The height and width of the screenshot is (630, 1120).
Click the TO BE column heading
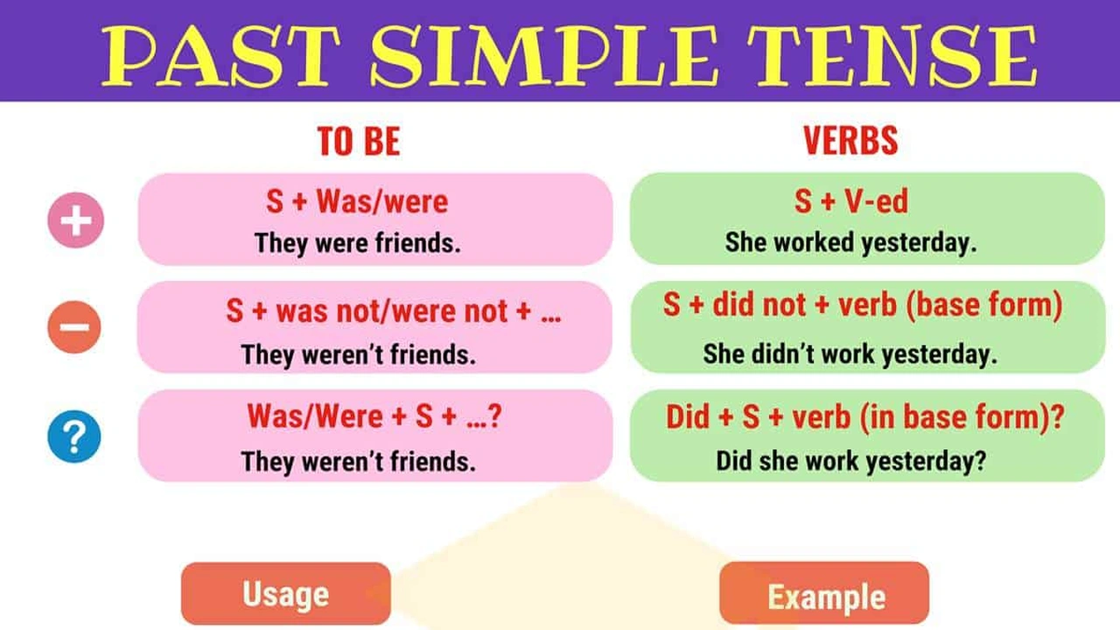pyautogui.click(x=359, y=142)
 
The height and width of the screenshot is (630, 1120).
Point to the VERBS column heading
pyautogui.click(x=850, y=141)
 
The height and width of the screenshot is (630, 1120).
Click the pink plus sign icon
pyautogui.click(x=75, y=220)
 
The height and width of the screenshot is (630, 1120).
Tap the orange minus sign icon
pyautogui.click(x=75, y=328)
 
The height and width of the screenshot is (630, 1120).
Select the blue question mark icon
pyautogui.click(x=75, y=436)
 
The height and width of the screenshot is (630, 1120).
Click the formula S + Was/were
pyautogui.click(x=357, y=202)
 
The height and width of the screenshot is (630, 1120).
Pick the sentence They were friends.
pyautogui.click(x=357, y=243)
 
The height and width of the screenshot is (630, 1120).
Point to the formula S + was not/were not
pyautogui.click(x=393, y=311)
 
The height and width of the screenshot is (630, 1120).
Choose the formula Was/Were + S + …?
pyautogui.click(x=374, y=416)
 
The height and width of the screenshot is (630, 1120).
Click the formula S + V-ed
pyautogui.click(x=850, y=202)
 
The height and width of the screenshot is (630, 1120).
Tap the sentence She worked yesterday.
pyautogui.click(x=850, y=242)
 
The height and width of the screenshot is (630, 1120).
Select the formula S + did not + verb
pyautogui.click(x=863, y=305)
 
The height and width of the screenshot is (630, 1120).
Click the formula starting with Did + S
pyautogui.click(x=864, y=416)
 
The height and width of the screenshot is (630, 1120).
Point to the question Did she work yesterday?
pyautogui.click(x=850, y=461)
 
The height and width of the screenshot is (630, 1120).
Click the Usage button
pyautogui.click(x=286, y=594)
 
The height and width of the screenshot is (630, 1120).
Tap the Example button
pyautogui.click(x=825, y=597)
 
